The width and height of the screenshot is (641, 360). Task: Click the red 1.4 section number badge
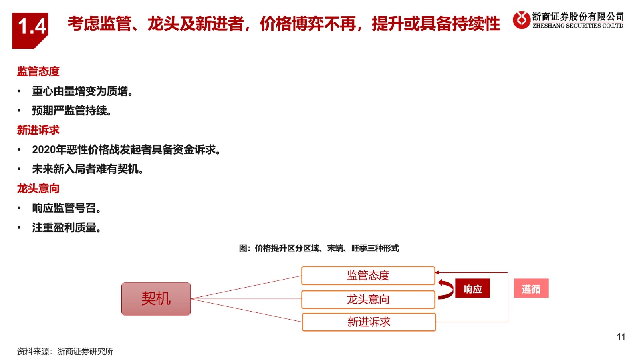(x=30, y=30)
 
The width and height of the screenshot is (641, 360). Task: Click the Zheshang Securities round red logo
(x=521, y=20)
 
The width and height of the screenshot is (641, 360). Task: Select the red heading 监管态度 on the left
(x=38, y=72)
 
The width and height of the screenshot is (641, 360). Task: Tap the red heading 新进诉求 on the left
(x=38, y=130)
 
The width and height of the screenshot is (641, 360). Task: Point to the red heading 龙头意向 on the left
(x=38, y=189)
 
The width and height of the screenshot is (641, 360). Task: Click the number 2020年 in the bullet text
(x=49, y=149)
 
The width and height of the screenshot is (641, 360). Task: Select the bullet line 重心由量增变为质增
(x=83, y=91)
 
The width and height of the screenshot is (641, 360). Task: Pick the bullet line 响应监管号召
(x=67, y=208)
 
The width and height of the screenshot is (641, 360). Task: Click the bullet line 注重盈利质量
(x=67, y=228)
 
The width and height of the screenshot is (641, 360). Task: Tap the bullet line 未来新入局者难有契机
(x=88, y=169)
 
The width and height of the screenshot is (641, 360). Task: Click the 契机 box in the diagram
(x=156, y=299)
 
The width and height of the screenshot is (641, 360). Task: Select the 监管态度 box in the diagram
(x=368, y=276)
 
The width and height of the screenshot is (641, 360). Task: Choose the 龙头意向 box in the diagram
(x=368, y=300)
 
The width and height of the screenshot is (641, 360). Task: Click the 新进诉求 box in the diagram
(x=369, y=322)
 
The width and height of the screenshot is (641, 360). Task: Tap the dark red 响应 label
(x=472, y=288)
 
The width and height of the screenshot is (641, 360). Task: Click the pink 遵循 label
(x=531, y=288)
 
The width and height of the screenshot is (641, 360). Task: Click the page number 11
(x=621, y=337)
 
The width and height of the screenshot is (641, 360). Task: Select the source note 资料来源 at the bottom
(x=65, y=352)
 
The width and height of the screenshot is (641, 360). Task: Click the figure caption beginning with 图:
(x=319, y=248)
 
